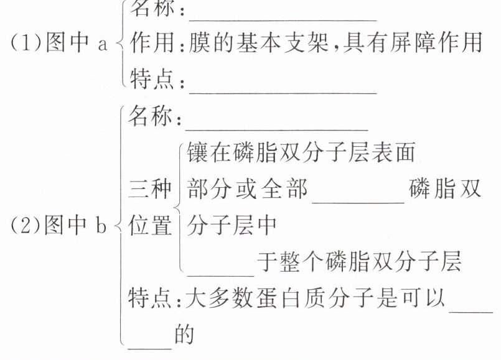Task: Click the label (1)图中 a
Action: (x=60, y=45)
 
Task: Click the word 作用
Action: (x=150, y=43)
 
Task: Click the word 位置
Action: (x=150, y=226)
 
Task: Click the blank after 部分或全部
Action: (x=358, y=198)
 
